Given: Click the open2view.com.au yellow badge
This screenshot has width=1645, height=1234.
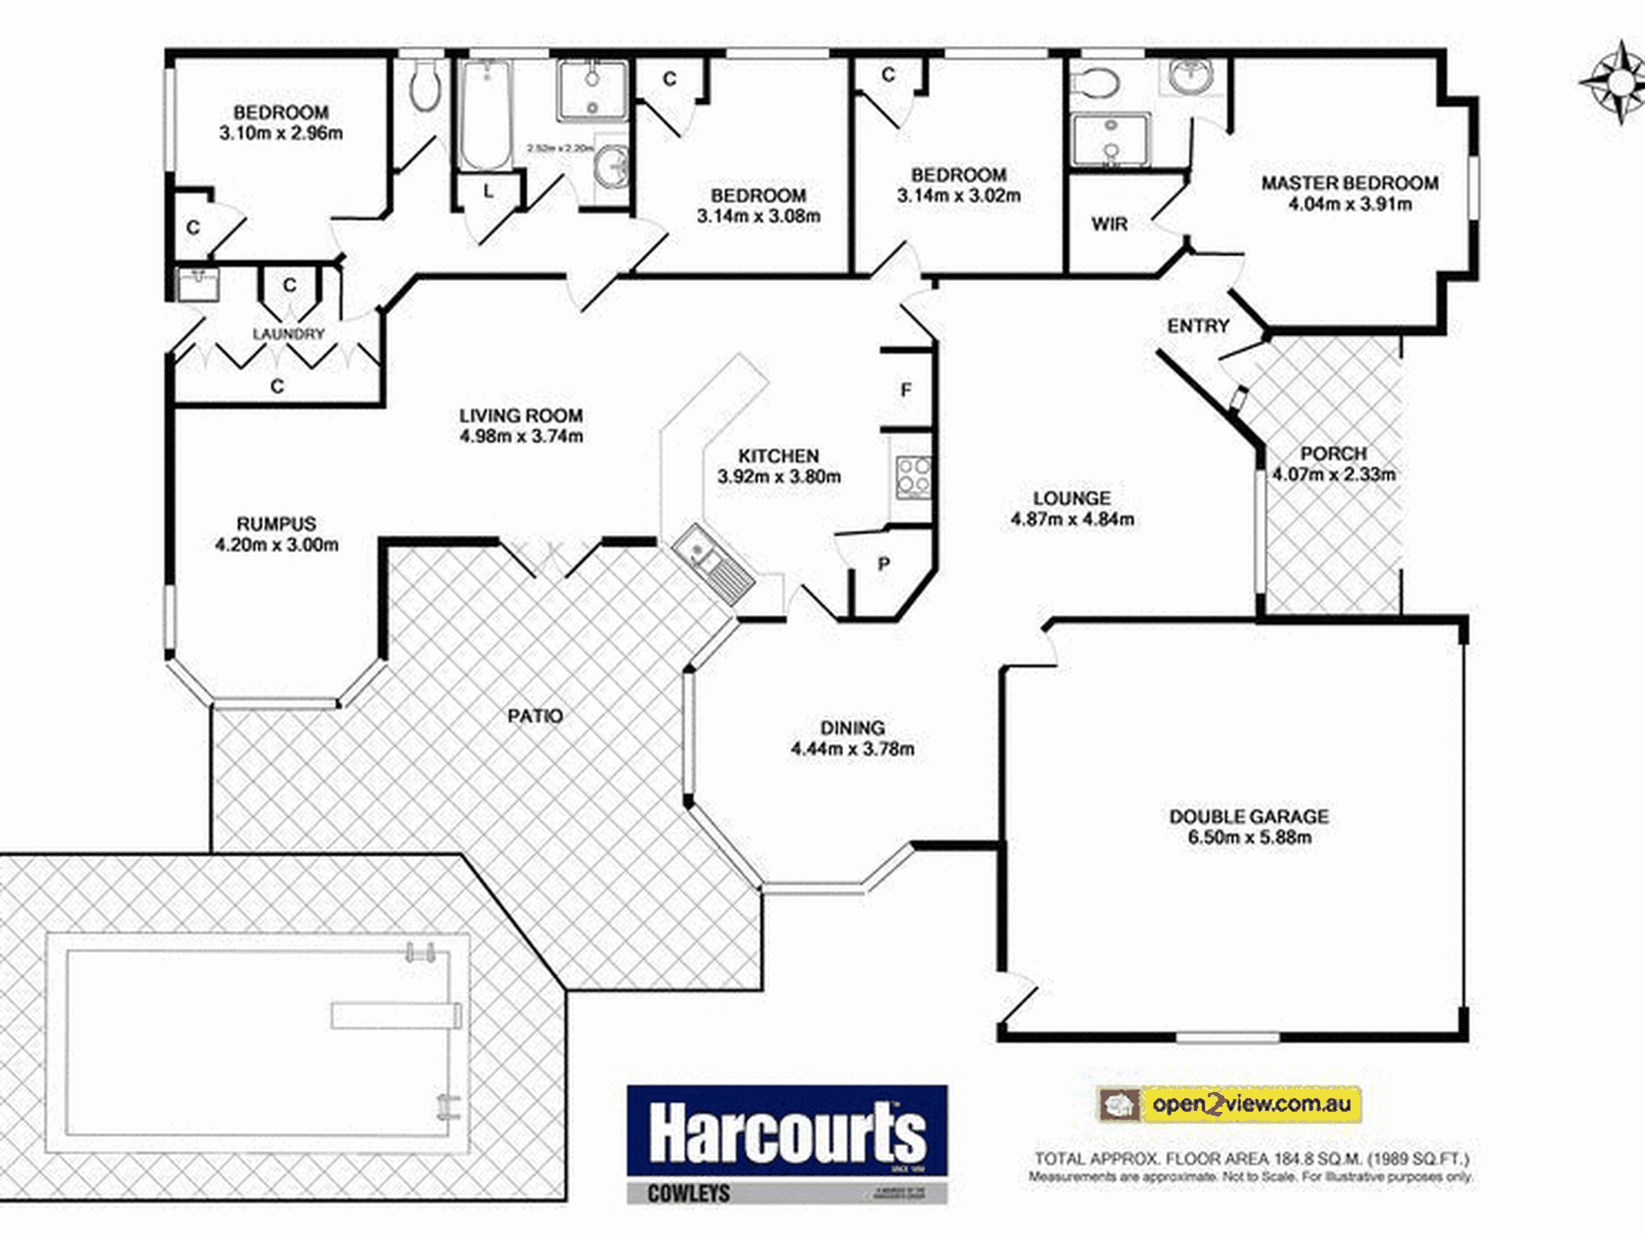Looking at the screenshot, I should pos(1229,1104).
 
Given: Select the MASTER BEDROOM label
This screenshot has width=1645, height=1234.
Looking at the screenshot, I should pos(1349,184).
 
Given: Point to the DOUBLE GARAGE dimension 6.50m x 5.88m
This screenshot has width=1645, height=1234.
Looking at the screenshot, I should pos(1248,837).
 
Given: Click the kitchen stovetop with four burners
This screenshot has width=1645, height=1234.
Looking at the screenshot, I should pos(913,477).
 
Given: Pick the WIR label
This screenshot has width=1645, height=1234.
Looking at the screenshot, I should pos(1109,224).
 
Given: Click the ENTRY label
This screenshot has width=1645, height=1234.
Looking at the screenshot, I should pos(1197,326).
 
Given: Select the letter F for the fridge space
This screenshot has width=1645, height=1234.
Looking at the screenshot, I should pos(906,391).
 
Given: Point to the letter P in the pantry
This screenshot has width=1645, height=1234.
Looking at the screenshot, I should pos(883,565).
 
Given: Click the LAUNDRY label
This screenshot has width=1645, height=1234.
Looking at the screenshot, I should pos(288,334).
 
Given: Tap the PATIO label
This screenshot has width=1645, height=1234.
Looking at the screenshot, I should pos(534,716).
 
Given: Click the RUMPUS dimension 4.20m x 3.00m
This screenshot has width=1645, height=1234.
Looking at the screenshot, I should pos(276,545).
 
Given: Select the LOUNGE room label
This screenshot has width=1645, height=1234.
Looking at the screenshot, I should pos(1071,499).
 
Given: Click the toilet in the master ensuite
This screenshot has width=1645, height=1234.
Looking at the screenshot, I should pos(1094,83).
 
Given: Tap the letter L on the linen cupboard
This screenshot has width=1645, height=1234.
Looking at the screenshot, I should pos(488,191).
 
